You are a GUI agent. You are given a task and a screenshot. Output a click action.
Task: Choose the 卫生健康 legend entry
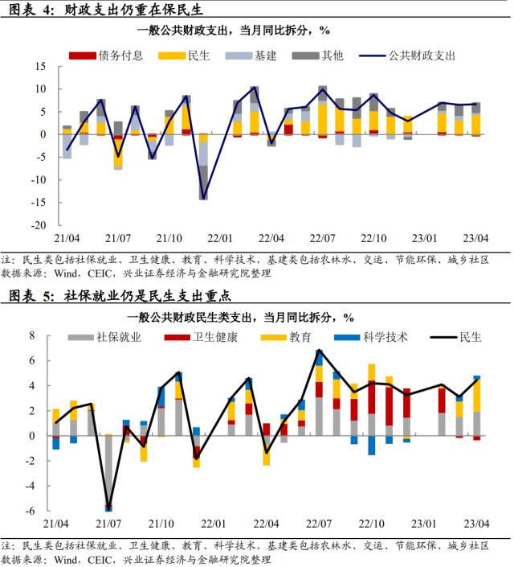click(x=214, y=337)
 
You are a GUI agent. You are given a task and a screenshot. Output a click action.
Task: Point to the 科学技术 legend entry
click(x=381, y=337)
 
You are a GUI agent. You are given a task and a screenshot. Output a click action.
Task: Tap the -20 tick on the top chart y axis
click(x=39, y=226)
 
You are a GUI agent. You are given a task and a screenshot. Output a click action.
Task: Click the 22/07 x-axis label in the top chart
click(x=323, y=239)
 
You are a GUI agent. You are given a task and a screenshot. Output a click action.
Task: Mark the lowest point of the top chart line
click(x=203, y=197)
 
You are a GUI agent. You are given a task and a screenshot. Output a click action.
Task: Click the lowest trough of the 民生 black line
click(x=108, y=507)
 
